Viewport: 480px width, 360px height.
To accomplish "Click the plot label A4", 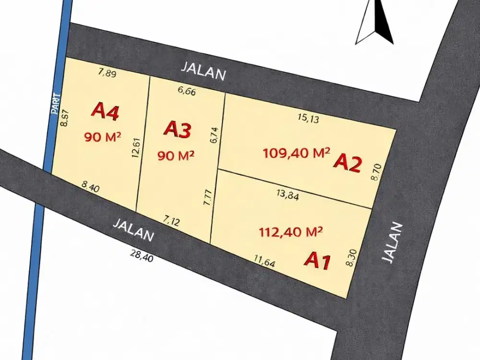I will click(x=105, y=111).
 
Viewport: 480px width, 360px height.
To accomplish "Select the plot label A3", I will click(x=178, y=130).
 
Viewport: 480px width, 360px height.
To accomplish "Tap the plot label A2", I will click(x=347, y=164).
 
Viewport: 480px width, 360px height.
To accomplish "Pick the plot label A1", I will click(x=318, y=261).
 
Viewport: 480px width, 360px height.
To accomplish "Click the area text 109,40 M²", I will click(x=297, y=154).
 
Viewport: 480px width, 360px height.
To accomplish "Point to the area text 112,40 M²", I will click(x=290, y=232).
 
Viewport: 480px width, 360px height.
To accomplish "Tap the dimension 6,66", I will click(x=186, y=92).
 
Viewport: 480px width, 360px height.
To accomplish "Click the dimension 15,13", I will click(x=308, y=119).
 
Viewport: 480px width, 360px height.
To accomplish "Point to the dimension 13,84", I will click(x=288, y=194).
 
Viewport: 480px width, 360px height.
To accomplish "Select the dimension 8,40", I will click(x=91, y=186).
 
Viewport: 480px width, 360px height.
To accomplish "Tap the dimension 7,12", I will click(x=171, y=221).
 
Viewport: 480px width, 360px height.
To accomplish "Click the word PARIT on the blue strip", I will click(x=55, y=103).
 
